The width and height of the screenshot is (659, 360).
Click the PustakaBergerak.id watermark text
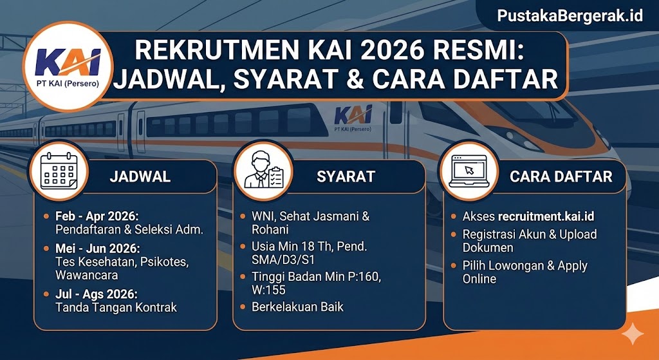(x=570, y=15)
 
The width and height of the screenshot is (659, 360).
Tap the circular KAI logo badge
(x=67, y=66)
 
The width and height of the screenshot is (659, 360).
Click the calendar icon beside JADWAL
(x=59, y=171)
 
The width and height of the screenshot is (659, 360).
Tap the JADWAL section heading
(x=140, y=176)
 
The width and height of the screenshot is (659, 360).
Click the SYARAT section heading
(x=346, y=176)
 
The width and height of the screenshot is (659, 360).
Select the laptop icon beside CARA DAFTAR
(x=469, y=171)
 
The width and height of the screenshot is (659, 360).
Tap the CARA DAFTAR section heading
(x=561, y=176)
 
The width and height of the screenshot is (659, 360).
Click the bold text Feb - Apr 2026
(x=97, y=216)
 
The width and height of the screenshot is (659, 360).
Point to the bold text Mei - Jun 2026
(x=98, y=248)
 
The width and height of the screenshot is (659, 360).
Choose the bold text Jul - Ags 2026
(x=97, y=294)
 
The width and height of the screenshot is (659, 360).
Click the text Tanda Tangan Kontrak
(x=116, y=307)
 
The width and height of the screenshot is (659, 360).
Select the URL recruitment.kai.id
(x=546, y=216)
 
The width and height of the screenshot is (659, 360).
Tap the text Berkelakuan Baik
(x=297, y=307)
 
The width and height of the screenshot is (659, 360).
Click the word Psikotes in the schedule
(x=164, y=261)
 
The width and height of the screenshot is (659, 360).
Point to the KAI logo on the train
(x=353, y=118)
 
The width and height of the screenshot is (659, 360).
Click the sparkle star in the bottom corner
(x=633, y=334)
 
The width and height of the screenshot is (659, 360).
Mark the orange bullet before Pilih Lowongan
(x=454, y=266)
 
